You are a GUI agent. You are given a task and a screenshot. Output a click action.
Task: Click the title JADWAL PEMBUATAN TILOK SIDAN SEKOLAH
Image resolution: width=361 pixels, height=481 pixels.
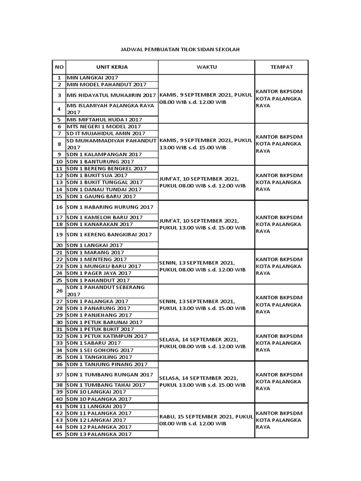[180, 49]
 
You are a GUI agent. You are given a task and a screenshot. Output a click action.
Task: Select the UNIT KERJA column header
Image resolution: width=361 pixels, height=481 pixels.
[112, 67]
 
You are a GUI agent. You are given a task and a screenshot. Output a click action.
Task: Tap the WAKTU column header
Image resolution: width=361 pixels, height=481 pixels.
[206, 67]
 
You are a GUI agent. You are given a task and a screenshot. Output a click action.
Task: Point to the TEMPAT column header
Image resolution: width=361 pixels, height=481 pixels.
[281, 67]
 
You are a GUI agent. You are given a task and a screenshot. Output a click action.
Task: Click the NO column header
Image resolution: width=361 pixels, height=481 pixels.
[59, 67]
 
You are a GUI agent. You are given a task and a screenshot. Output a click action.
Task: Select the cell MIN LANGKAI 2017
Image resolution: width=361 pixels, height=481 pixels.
[93, 78]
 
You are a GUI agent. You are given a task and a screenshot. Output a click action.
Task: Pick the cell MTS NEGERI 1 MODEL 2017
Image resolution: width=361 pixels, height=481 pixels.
[103, 126]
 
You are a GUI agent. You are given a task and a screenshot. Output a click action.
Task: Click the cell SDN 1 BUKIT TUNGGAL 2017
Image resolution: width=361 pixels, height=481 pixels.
[105, 182]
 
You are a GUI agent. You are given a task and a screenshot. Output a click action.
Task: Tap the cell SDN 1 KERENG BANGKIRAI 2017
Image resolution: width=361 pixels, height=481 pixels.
[109, 234]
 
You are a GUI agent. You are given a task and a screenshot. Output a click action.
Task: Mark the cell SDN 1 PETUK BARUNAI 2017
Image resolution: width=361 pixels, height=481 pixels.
[104, 322]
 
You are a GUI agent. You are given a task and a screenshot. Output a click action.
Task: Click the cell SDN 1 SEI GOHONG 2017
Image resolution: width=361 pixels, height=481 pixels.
[100, 350]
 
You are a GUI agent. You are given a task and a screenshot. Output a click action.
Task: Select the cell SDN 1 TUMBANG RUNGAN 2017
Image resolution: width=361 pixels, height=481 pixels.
[110, 374]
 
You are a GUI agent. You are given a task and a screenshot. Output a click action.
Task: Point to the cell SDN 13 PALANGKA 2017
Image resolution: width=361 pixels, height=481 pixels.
[99, 434]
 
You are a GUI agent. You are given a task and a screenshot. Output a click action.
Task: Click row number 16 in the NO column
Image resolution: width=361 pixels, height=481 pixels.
[59, 207]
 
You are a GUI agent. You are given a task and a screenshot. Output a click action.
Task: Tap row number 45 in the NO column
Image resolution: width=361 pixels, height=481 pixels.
[59, 434]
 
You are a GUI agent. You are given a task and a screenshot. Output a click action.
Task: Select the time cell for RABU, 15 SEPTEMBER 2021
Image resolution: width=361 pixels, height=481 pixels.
[206, 420]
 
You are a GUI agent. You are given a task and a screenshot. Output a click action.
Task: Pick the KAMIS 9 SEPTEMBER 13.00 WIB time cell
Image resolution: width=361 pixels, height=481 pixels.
[206, 144]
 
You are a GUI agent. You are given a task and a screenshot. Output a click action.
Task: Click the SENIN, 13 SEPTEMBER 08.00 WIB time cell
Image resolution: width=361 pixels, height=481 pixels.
[203, 266]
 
